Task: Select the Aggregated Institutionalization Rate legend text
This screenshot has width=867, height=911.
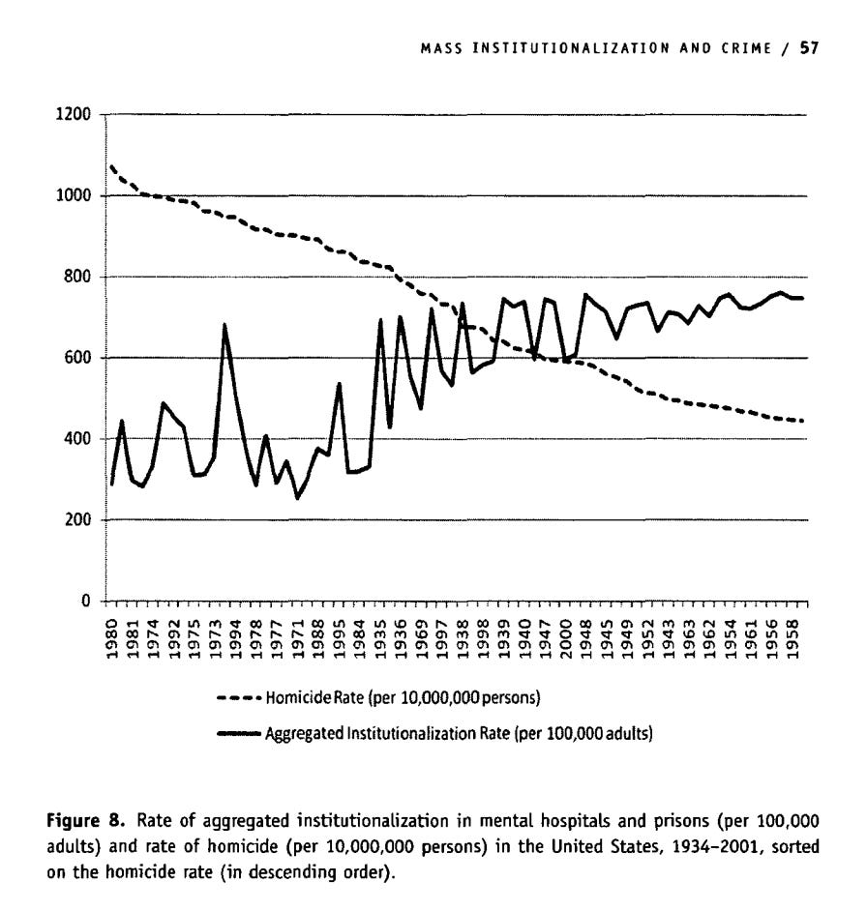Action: [x=460, y=732]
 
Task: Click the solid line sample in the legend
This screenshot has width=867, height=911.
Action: [x=239, y=732]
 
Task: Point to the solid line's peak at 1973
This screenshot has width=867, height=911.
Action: [x=225, y=325]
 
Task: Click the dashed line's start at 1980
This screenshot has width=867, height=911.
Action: [x=111, y=166]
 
